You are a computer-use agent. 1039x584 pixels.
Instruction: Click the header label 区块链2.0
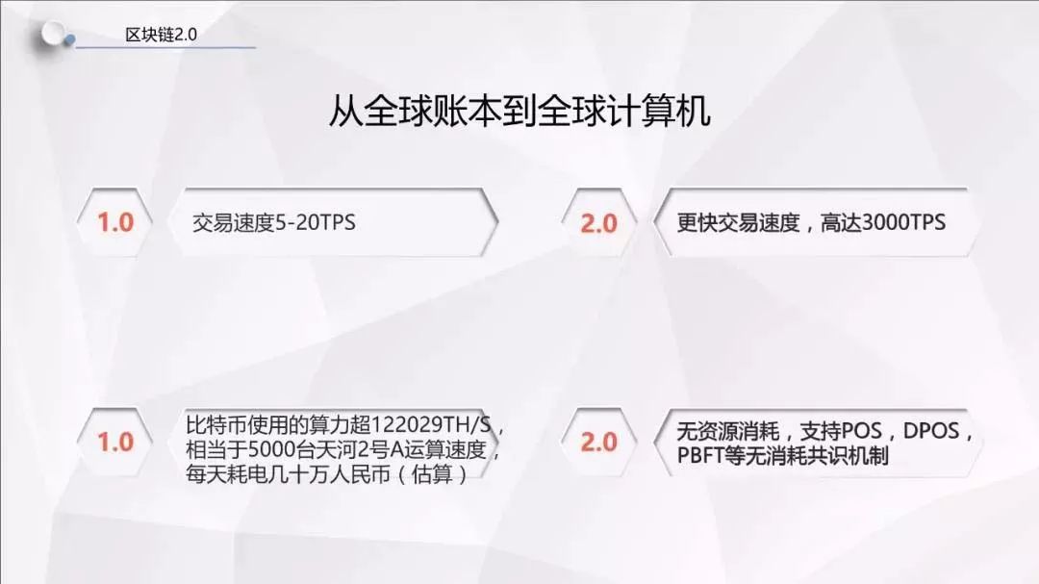(161, 35)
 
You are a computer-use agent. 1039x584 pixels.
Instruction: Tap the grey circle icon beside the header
(53, 33)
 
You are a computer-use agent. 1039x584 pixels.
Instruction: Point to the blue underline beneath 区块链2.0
(165, 48)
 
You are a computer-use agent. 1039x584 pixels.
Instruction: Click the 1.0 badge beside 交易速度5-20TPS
(114, 222)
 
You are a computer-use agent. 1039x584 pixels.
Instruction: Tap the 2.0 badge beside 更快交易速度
(599, 223)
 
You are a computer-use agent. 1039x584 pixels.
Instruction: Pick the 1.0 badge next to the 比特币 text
(114, 442)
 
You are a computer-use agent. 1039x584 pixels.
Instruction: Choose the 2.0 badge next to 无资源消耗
(599, 442)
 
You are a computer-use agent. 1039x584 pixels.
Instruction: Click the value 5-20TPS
(316, 223)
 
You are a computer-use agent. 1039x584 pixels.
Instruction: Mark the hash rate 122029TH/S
(431, 424)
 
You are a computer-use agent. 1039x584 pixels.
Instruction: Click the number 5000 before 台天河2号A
(271, 449)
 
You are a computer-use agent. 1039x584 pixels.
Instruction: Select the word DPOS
(931, 431)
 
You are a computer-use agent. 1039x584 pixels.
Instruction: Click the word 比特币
(216, 424)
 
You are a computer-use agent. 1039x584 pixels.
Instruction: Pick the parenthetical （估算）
(432, 474)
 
